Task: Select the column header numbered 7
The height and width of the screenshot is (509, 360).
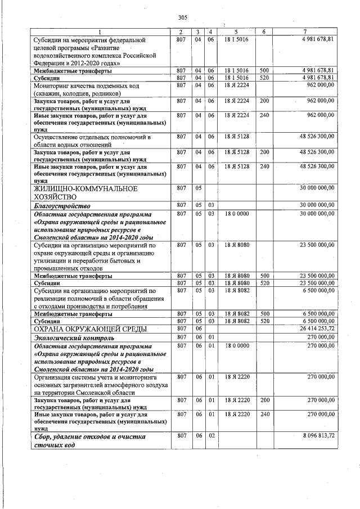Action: tap(304, 31)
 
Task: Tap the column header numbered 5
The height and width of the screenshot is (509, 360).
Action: tap(236, 31)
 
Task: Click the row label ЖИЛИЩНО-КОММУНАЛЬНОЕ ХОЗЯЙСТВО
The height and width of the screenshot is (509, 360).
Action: tap(85, 193)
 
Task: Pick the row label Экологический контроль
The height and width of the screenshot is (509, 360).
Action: tap(74, 338)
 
